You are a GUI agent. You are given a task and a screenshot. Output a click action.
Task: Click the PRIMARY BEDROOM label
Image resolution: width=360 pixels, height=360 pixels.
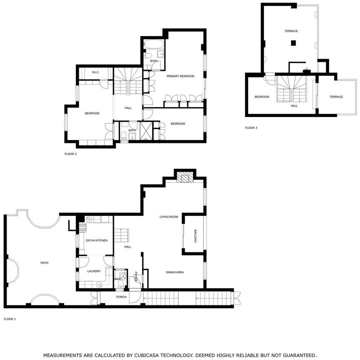coord(181,76)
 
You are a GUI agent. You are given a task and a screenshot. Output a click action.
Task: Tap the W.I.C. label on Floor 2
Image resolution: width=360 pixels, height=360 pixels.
coord(96,72)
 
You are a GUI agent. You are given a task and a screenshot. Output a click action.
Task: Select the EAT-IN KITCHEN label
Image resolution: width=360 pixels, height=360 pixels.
coord(97,240)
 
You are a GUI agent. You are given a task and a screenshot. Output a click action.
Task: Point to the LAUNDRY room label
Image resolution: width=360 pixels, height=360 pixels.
coord(94,271)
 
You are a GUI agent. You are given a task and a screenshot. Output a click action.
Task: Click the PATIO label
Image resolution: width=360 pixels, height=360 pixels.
coord(44,262)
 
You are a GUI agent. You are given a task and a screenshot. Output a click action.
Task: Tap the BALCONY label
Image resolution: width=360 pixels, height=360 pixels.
coord(195,236)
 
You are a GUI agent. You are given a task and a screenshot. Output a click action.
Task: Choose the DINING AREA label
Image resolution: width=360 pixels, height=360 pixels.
coord(175,272)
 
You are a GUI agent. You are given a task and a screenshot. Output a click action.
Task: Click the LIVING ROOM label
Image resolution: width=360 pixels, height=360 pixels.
coord(169,217)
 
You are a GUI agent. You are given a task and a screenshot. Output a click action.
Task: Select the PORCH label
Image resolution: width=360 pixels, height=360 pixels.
coord(121,297)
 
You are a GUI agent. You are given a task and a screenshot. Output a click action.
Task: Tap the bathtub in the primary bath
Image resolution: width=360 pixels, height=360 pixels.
coord(154,44)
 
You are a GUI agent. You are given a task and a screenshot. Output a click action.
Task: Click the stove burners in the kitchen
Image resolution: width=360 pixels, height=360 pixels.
coord(83,227)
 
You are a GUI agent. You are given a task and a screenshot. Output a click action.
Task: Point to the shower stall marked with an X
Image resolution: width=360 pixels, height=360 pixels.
coord(146,131)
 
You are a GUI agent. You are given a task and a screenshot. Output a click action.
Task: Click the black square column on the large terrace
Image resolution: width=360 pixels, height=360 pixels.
coord(293,43)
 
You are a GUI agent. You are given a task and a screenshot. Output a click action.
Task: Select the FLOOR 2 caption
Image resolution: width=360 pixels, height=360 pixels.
coord(70,154)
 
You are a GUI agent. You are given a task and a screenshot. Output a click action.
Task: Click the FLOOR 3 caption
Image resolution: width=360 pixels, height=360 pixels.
coord(251,128)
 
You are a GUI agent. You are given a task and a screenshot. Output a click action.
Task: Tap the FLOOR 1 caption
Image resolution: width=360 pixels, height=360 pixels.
coord(10,319)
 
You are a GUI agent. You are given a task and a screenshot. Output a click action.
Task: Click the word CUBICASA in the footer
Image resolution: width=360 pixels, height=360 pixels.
coord(147,355)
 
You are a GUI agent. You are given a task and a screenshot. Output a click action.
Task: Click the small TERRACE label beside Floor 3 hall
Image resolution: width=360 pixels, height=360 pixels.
coord(336,97)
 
